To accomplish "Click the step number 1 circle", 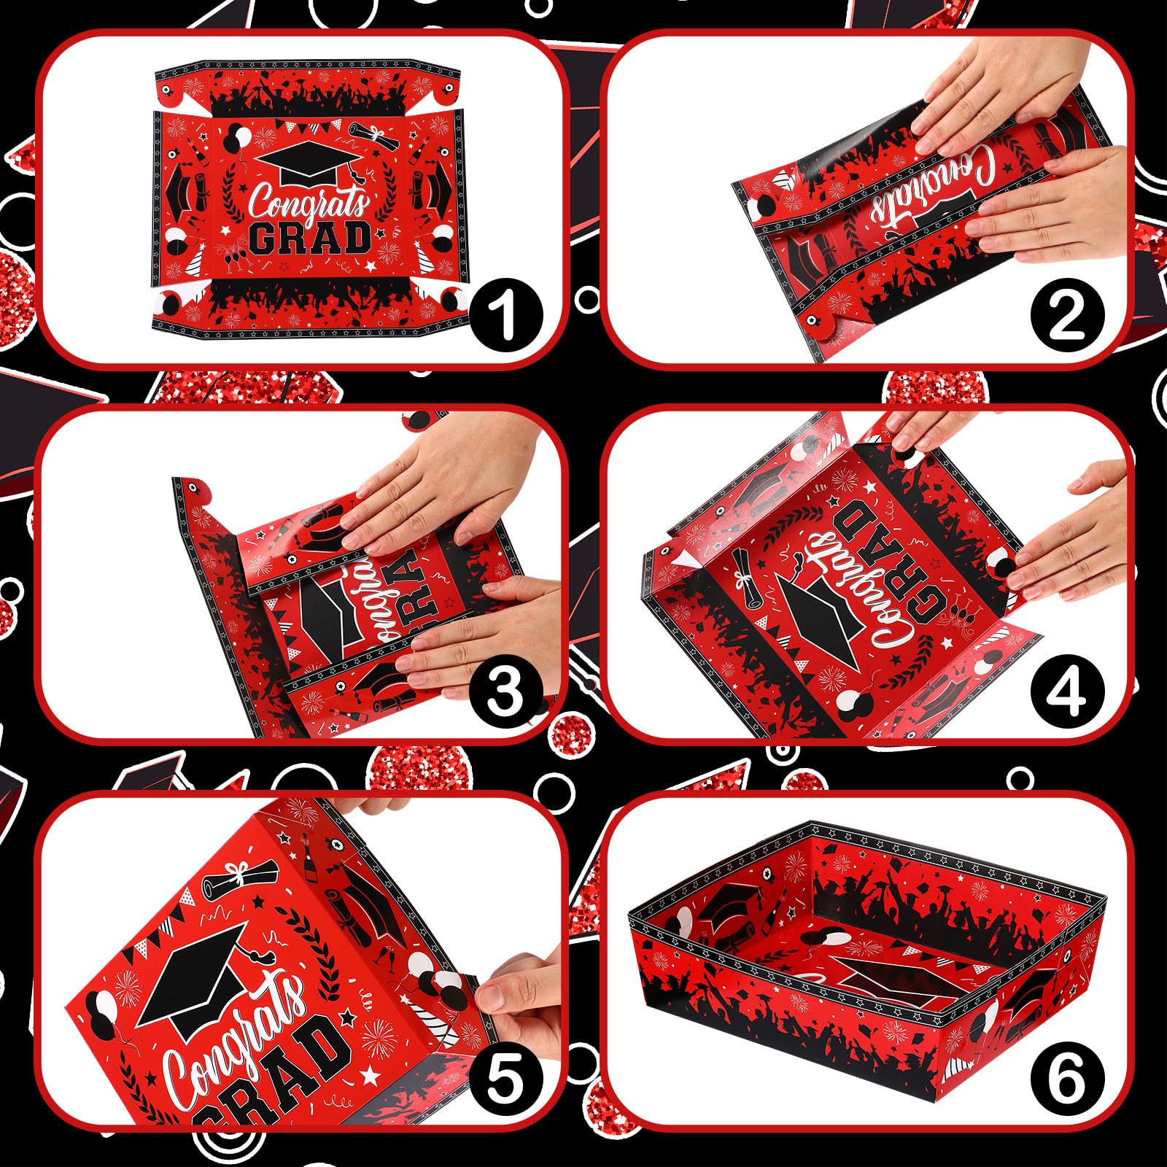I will pos(506,315).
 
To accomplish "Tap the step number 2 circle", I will pos(1066,315).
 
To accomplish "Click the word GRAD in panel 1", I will pos(310,239).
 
